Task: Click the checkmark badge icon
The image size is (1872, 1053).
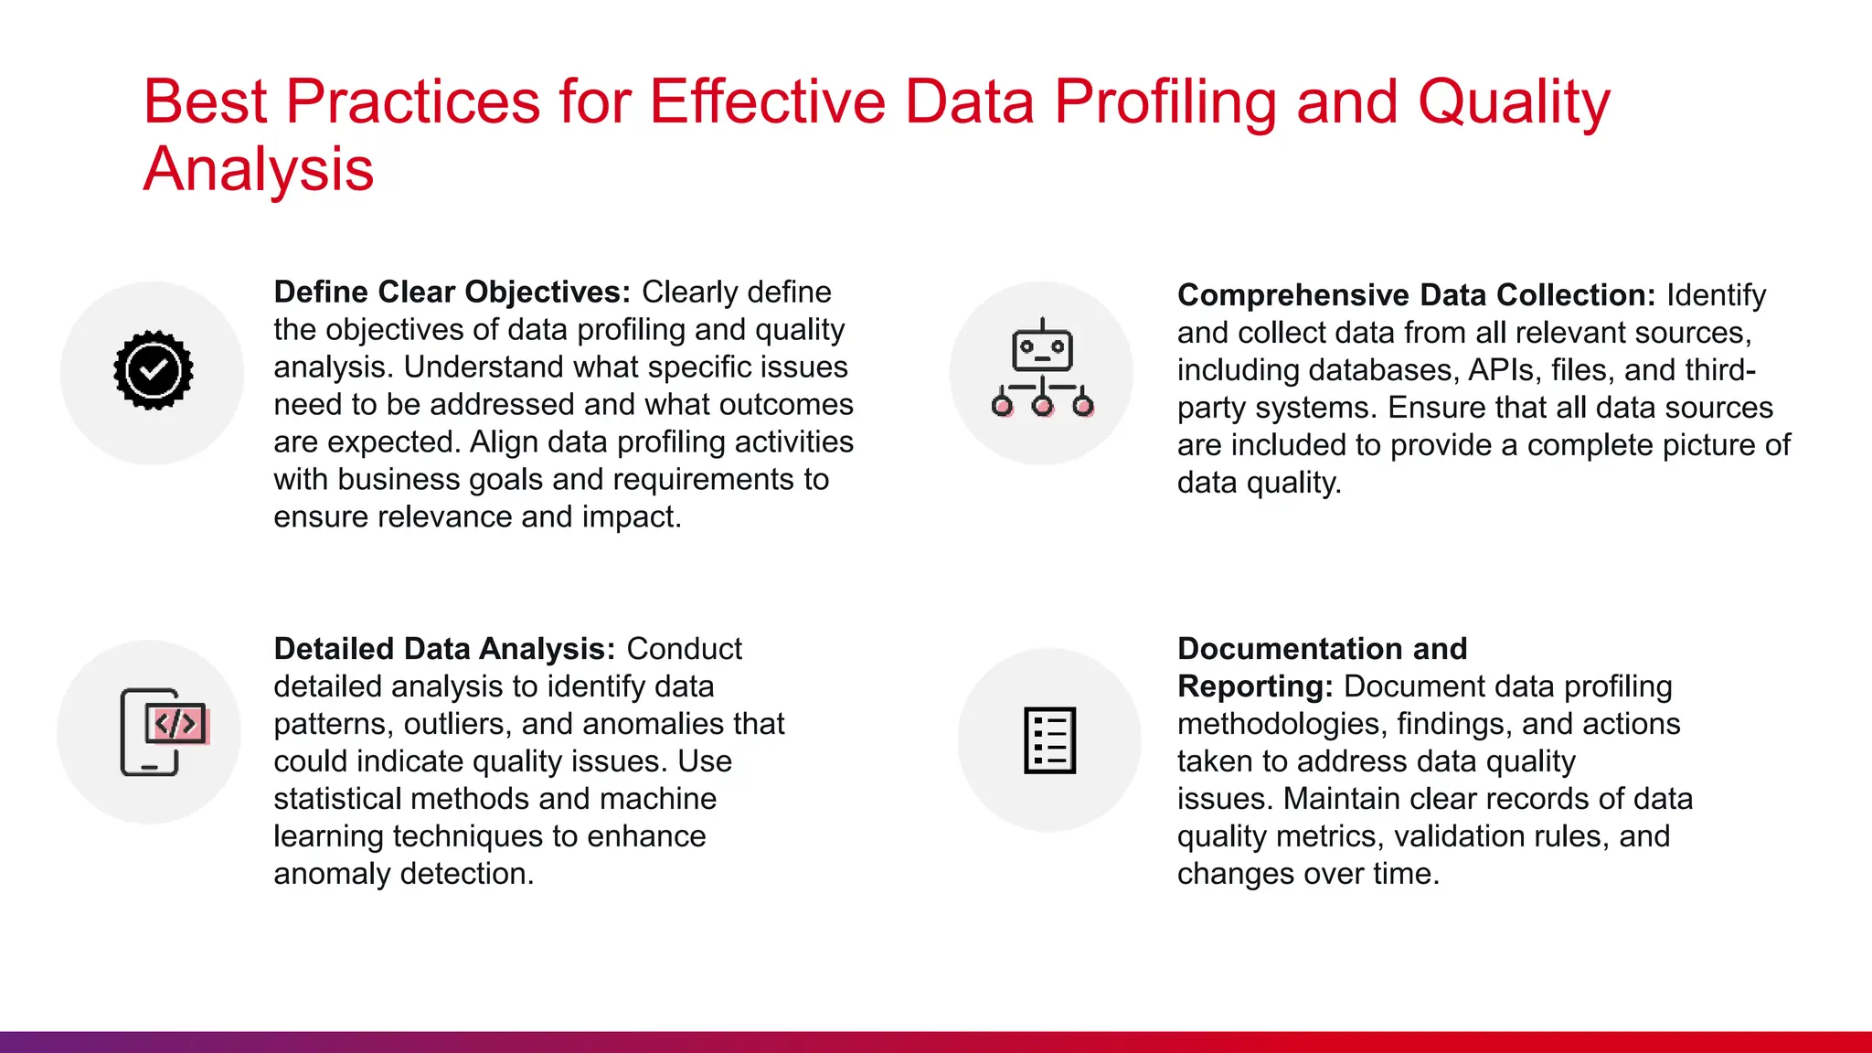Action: click(153, 370)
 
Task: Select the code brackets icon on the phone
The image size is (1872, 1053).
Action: click(175, 725)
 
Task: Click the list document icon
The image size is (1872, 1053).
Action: click(1049, 739)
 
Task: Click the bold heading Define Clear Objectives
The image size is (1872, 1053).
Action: click(452, 292)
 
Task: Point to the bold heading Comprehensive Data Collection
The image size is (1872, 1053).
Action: click(1416, 295)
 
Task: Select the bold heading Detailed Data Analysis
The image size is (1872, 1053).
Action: click(444, 649)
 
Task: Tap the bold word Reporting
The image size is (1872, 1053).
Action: click(1254, 686)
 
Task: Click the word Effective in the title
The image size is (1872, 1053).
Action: click(767, 101)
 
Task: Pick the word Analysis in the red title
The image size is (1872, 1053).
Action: click(259, 170)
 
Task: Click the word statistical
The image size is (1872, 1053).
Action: click(337, 799)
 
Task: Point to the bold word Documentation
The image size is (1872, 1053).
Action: click(1289, 649)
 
